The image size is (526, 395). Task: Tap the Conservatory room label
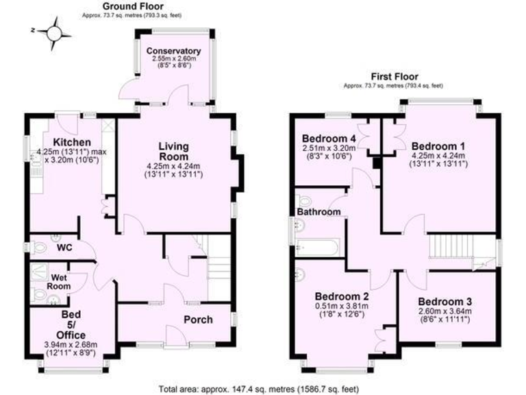click(173, 51)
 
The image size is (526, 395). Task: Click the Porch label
click(198, 320)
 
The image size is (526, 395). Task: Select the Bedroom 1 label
click(439, 145)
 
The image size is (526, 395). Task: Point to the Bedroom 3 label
click(445, 302)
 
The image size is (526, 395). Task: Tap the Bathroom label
click(319, 213)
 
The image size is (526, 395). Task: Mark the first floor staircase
click(452, 245)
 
